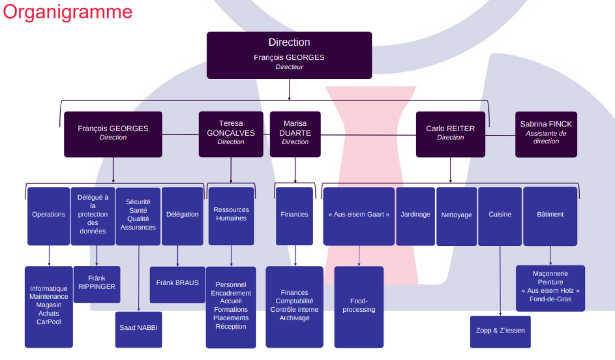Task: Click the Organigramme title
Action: coord(68,12)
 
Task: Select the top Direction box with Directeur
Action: coord(289,55)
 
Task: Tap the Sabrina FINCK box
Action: coord(546,134)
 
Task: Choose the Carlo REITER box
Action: coord(450,134)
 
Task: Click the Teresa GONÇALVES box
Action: coord(231,134)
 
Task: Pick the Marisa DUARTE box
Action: coord(295,134)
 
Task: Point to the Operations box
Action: coord(48,216)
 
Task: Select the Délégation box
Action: coord(182,216)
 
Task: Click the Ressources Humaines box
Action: coord(231,216)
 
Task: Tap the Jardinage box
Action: coord(415,216)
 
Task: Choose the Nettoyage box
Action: coord(456,216)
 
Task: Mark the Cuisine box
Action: coord(499,216)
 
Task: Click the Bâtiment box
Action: coord(550,216)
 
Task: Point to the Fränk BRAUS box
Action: coord(177,284)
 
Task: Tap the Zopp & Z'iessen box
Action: coord(500,331)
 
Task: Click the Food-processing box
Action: coord(359,306)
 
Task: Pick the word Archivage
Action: coord(294,318)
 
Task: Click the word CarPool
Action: coord(49,322)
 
